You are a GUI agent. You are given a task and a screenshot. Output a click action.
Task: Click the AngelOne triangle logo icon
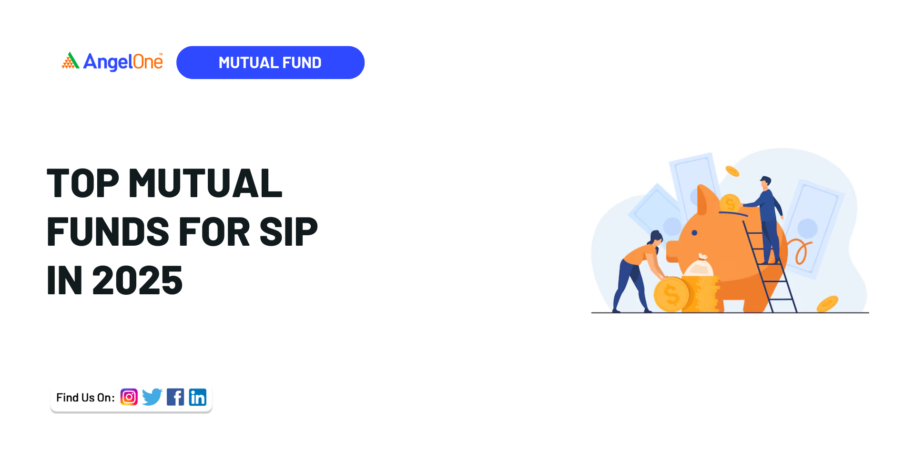(71, 60)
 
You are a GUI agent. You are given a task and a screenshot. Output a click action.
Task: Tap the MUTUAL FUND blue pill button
(270, 62)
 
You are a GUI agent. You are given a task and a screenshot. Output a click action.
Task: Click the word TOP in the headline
(83, 183)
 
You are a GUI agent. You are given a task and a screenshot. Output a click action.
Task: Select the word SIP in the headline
(288, 232)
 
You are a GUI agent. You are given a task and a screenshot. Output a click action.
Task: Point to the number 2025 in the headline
(137, 280)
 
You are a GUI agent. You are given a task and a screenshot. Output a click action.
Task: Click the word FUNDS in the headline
(108, 232)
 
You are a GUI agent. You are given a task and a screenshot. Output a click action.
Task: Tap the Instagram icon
(129, 397)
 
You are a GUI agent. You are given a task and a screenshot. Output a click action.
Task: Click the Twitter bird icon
(152, 397)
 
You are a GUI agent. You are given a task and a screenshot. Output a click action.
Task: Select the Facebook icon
(175, 397)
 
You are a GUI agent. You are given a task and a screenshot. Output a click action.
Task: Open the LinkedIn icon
(198, 397)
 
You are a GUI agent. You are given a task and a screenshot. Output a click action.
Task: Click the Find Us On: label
(85, 398)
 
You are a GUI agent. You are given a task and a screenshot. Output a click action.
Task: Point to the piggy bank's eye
(694, 233)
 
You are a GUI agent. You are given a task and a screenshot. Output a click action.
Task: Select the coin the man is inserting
(730, 203)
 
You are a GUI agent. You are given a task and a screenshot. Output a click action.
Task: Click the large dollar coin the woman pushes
(671, 295)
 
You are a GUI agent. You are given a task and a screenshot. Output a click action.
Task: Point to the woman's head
(656, 237)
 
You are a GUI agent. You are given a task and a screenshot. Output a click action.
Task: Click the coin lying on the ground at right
(827, 304)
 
